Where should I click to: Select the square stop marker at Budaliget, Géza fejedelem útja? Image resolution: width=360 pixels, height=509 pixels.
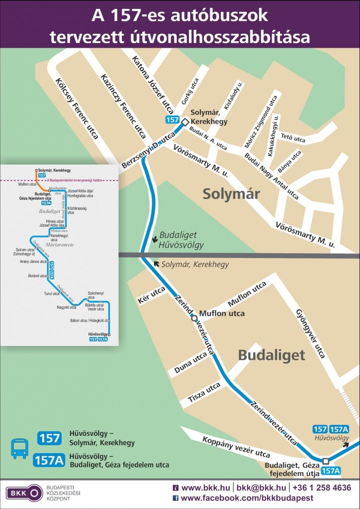pyautogui.click(x=326, y=461)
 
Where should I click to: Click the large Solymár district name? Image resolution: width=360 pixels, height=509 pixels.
pyautogui.click(x=231, y=194)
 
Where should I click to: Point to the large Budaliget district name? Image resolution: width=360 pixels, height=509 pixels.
pyautogui.click(x=271, y=355)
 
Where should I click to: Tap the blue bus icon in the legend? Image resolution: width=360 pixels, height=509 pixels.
pyautogui.click(x=20, y=448)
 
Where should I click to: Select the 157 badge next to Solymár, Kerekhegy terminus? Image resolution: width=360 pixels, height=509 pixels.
pyautogui.click(x=172, y=120)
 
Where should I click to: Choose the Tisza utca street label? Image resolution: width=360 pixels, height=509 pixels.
pyautogui.click(x=204, y=393)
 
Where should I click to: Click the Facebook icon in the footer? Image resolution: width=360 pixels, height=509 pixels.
pyautogui.click(x=176, y=498)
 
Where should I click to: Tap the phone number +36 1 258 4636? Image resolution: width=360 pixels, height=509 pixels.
pyautogui.click(x=322, y=488)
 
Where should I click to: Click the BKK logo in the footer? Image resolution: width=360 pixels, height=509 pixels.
pyautogui.click(x=24, y=493)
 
